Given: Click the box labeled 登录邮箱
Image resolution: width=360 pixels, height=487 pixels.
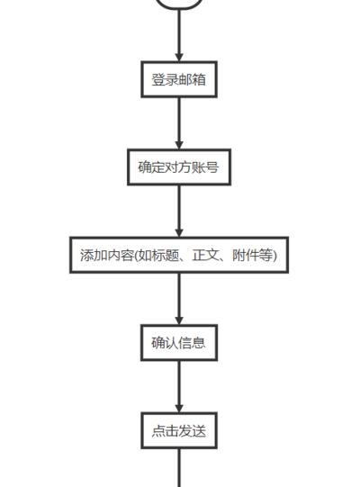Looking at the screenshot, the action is [179, 79].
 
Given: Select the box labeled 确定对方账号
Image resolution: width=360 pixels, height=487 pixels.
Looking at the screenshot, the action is [179, 167].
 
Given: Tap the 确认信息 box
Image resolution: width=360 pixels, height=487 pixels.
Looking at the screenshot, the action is [179, 343].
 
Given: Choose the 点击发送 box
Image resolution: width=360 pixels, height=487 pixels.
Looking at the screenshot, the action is [179, 431].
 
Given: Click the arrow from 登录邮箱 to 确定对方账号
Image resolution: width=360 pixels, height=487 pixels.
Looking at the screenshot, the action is [179, 123].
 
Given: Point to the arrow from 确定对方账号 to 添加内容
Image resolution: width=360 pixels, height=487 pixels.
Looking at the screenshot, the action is [179, 212].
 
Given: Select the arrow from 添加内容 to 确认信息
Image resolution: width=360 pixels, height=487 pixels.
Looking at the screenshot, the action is [179, 299].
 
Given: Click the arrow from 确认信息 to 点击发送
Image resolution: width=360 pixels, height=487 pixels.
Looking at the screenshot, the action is [179, 387].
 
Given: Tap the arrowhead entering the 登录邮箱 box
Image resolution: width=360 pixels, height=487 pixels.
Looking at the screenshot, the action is [179, 58].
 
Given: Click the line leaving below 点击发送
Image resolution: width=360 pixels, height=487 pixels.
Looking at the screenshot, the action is [179, 468].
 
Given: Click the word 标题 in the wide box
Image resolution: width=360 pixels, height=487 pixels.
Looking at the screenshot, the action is [166, 256].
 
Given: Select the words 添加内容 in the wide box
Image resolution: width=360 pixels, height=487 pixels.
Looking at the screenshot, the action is [107, 256].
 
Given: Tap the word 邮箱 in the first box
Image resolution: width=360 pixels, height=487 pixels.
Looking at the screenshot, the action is [193, 79].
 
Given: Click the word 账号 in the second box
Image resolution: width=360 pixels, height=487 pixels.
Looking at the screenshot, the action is [205, 167].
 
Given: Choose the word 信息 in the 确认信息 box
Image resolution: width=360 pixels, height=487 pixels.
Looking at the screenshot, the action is [193, 343].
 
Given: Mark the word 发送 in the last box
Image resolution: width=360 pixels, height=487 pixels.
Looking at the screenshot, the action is [193, 431].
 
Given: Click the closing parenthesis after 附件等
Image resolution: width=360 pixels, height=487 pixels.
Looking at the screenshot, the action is [274, 256].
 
